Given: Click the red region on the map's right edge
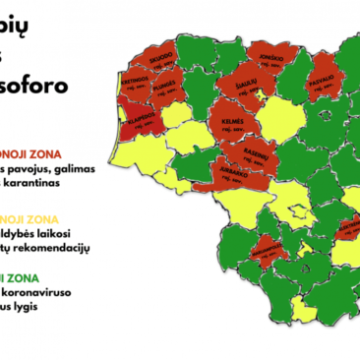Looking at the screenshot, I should tap(350, 228).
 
